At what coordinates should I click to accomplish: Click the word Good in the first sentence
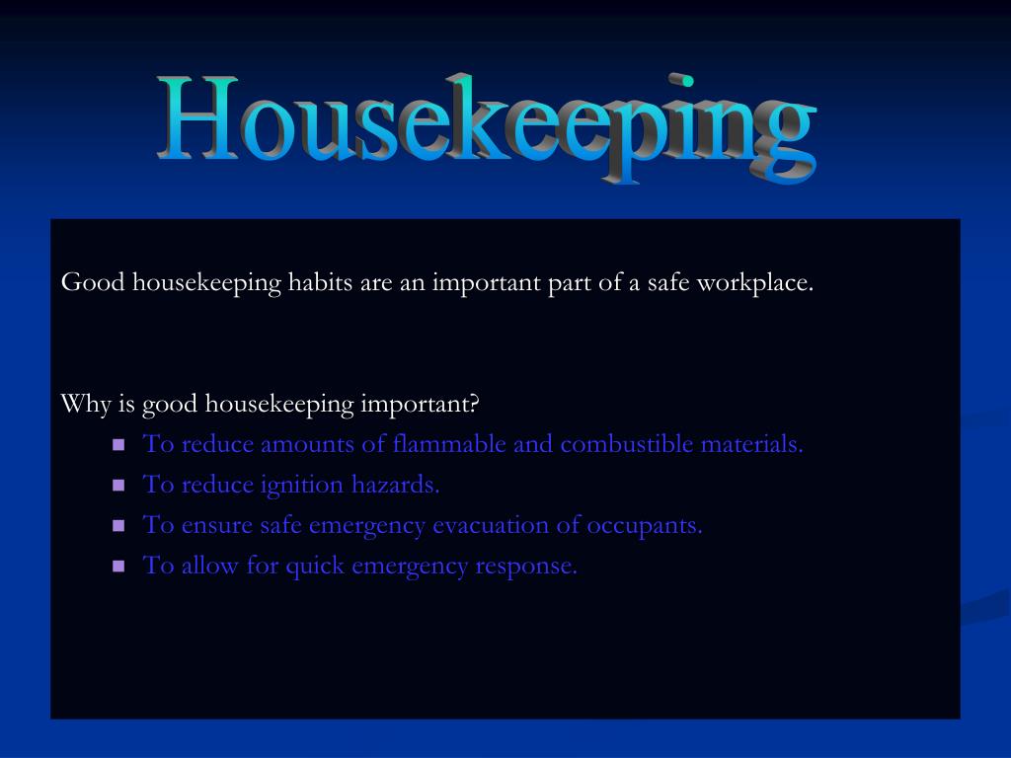pos(93,282)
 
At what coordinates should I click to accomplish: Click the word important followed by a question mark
pos(420,404)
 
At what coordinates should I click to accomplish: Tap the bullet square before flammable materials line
pos(118,445)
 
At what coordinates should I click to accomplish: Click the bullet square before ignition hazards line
pos(118,486)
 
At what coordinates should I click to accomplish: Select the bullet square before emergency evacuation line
pos(118,526)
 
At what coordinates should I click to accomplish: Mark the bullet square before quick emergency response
pos(118,567)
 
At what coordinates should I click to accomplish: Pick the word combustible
pos(627,444)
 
